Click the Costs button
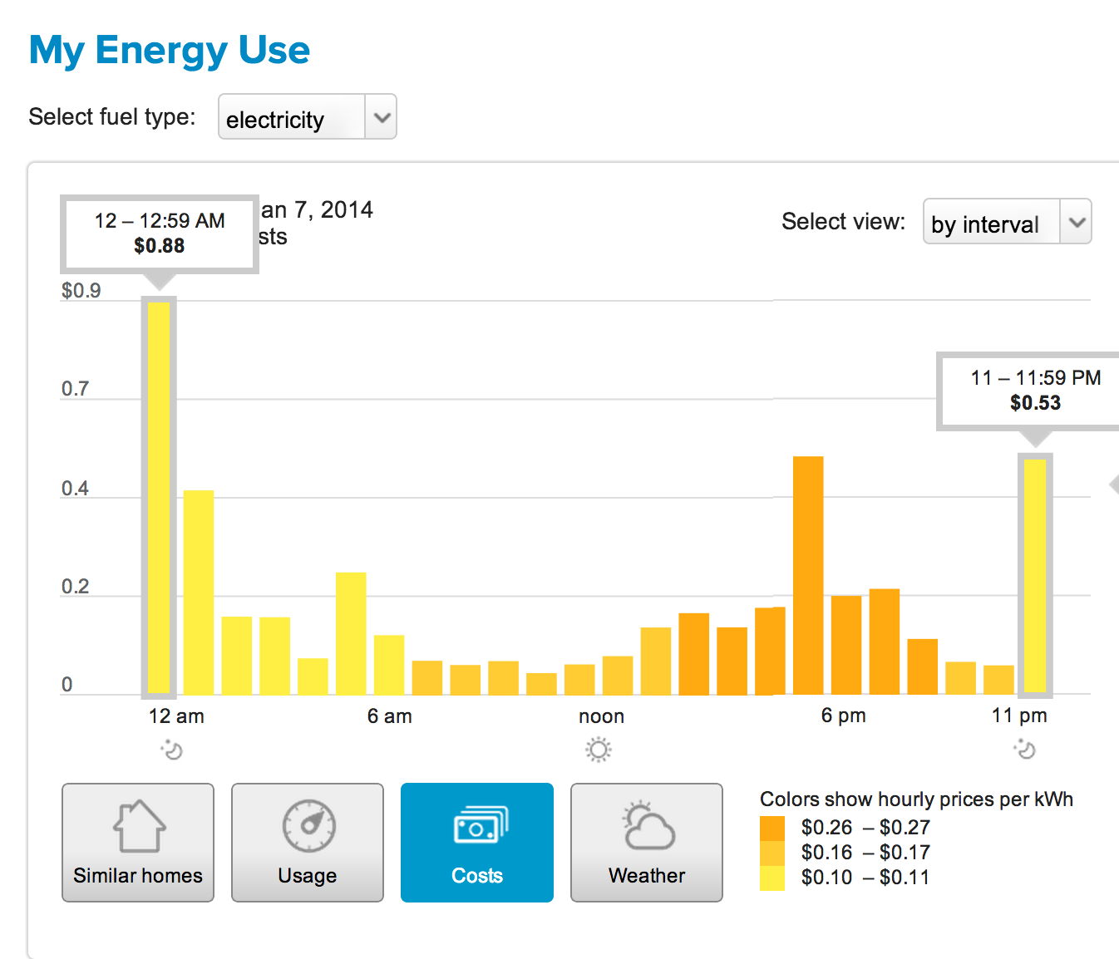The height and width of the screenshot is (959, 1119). [476, 842]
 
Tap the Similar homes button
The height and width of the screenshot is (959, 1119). [138, 842]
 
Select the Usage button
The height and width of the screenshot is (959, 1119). [308, 842]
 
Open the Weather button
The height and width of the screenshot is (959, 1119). [646, 842]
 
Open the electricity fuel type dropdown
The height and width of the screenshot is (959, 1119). [307, 117]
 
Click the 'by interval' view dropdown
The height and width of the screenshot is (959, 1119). [1007, 222]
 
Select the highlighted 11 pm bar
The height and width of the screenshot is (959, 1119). [1034, 575]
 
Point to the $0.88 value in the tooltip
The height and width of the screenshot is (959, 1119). [160, 246]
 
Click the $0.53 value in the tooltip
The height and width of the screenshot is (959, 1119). [1035, 403]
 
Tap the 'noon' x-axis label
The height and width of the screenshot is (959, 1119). [601, 716]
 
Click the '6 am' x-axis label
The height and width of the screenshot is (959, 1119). [389, 716]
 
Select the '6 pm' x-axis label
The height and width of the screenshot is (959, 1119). [843, 716]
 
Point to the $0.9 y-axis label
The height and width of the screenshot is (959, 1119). [81, 291]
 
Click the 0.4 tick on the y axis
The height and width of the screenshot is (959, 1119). [75, 489]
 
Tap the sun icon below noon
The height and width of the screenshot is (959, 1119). [598, 750]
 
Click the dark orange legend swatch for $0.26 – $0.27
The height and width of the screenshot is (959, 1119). [772, 829]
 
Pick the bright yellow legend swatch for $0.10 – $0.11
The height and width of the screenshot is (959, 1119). [772, 878]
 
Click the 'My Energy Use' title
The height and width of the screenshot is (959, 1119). [170, 51]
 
